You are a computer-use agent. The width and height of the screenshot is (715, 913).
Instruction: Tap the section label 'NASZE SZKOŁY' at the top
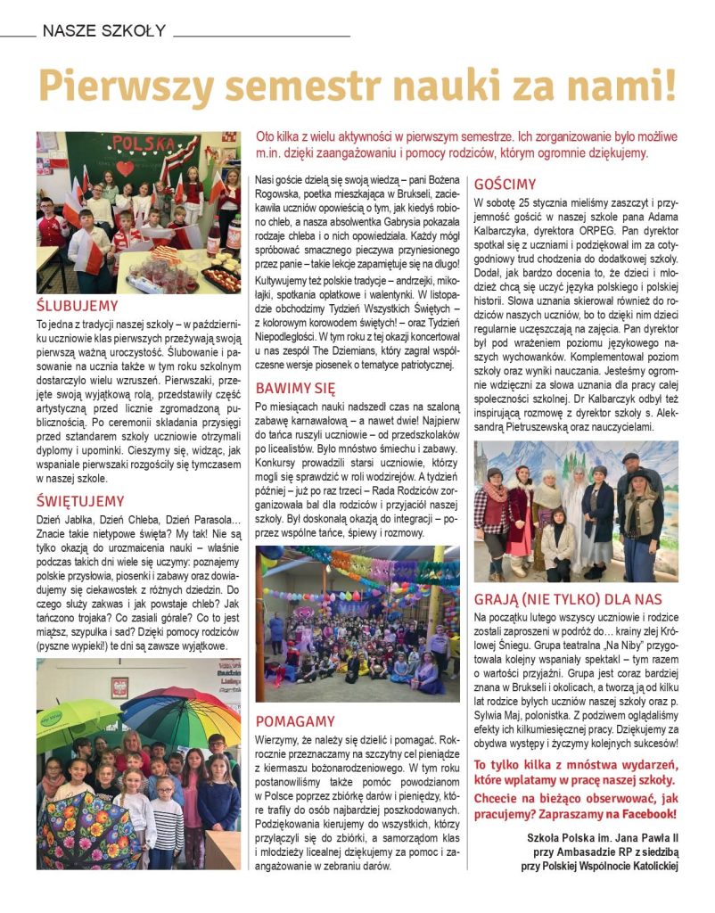pyautogui.click(x=103, y=31)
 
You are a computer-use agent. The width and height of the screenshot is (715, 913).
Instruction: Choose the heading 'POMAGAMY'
pyautogui.click(x=295, y=720)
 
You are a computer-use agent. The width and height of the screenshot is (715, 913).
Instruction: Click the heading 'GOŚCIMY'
pyautogui.click(x=505, y=185)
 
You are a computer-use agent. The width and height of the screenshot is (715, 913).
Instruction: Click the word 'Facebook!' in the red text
pyautogui.click(x=648, y=814)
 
